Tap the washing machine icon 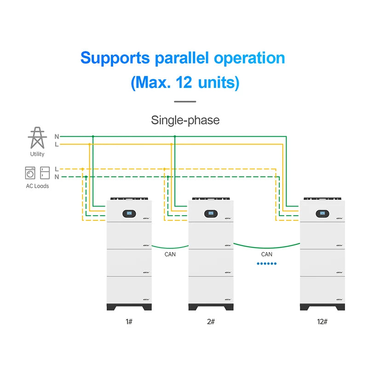tap(30, 172)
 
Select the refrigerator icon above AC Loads tap(45, 172)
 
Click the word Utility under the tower tap(37, 154)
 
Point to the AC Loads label tap(37, 186)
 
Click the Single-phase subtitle tap(185, 120)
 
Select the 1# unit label tap(129, 321)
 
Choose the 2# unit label tap(211, 321)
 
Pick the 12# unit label tap(322, 321)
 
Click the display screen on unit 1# tap(128, 213)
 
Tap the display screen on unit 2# tap(211, 213)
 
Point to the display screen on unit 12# tap(322, 213)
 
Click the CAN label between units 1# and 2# tap(170, 254)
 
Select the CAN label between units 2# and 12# tap(266, 254)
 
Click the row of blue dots tap(266, 264)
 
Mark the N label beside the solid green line tap(57, 137)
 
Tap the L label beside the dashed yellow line tap(56, 169)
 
